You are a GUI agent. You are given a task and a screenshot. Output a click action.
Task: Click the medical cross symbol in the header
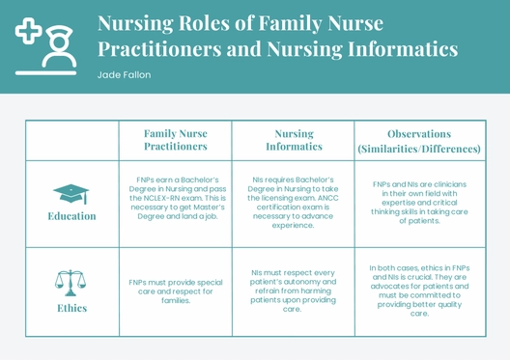[x=28, y=33]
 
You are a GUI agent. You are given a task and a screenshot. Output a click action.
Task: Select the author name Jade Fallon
[x=124, y=75]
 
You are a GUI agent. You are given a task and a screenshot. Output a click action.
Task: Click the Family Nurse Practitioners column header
[x=176, y=140]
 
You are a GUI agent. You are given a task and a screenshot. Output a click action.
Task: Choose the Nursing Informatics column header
[x=294, y=140]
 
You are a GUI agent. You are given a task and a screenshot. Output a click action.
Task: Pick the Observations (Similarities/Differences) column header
[x=418, y=141]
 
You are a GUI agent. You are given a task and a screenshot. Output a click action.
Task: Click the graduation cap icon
[x=71, y=194]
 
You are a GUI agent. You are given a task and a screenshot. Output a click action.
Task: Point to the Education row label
[x=71, y=216]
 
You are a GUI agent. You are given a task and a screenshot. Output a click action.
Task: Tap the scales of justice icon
[x=71, y=283]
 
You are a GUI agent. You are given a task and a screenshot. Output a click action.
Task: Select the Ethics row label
[x=71, y=308]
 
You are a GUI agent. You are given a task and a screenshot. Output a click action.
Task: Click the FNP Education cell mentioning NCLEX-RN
[x=176, y=198]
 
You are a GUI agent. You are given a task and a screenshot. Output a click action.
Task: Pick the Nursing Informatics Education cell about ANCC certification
[x=294, y=202]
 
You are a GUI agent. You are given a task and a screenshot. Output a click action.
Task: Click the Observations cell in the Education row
[x=418, y=202]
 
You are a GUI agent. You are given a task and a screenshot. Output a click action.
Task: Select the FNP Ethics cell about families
[x=176, y=291]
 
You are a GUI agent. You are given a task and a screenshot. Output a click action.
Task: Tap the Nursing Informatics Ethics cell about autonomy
[x=294, y=291]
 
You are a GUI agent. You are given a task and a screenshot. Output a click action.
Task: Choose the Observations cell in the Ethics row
[x=418, y=291]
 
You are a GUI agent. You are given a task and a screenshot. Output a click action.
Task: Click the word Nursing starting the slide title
[x=136, y=23]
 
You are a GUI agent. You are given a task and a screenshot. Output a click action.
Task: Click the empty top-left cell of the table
[x=71, y=141]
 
